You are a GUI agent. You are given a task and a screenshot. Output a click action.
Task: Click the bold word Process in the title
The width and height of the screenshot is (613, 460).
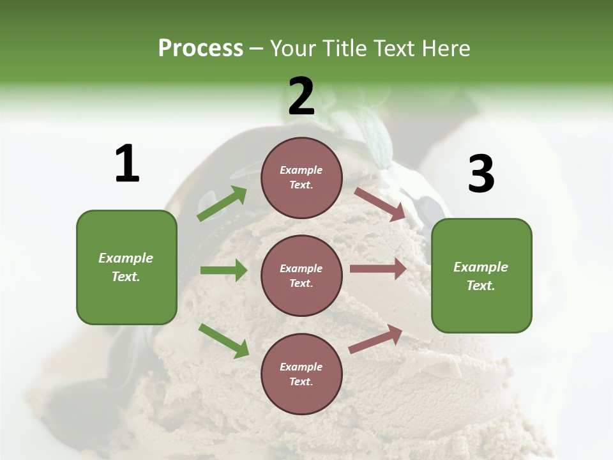pyautogui.click(x=201, y=49)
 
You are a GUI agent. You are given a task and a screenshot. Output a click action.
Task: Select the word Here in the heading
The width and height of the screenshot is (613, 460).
pyautogui.click(x=445, y=49)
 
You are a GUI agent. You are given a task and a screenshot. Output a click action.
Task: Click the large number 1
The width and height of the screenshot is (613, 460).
pyautogui.click(x=127, y=164)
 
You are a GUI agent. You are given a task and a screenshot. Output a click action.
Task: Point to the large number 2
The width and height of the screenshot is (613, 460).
pyautogui.click(x=301, y=96)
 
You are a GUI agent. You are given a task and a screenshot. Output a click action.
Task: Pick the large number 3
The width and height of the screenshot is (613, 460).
pyautogui.click(x=481, y=174)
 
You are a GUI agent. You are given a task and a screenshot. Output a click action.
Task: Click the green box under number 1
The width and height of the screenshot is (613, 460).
pyautogui.click(x=126, y=267)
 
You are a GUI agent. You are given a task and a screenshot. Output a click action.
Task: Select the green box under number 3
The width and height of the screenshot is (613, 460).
pyautogui.click(x=481, y=275)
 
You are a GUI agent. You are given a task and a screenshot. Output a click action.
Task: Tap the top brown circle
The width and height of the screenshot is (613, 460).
pyautogui.click(x=301, y=178)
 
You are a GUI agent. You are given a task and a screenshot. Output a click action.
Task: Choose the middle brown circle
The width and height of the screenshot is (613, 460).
pyautogui.click(x=301, y=275)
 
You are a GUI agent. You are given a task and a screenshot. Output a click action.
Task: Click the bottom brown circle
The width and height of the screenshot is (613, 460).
pyautogui.click(x=301, y=374)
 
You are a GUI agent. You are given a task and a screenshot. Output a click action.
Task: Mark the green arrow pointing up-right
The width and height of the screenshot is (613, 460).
pyautogui.click(x=222, y=204)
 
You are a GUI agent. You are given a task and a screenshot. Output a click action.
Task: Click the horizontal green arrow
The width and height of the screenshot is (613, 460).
pyautogui.click(x=223, y=270)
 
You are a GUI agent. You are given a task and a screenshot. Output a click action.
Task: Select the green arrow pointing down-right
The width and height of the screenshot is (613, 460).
pyautogui.click(x=223, y=341)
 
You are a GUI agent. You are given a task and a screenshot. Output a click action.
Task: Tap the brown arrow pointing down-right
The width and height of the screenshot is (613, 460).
pyautogui.click(x=380, y=204)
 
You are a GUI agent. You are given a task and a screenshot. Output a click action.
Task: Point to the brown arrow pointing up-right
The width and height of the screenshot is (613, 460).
pyautogui.click(x=375, y=339)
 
